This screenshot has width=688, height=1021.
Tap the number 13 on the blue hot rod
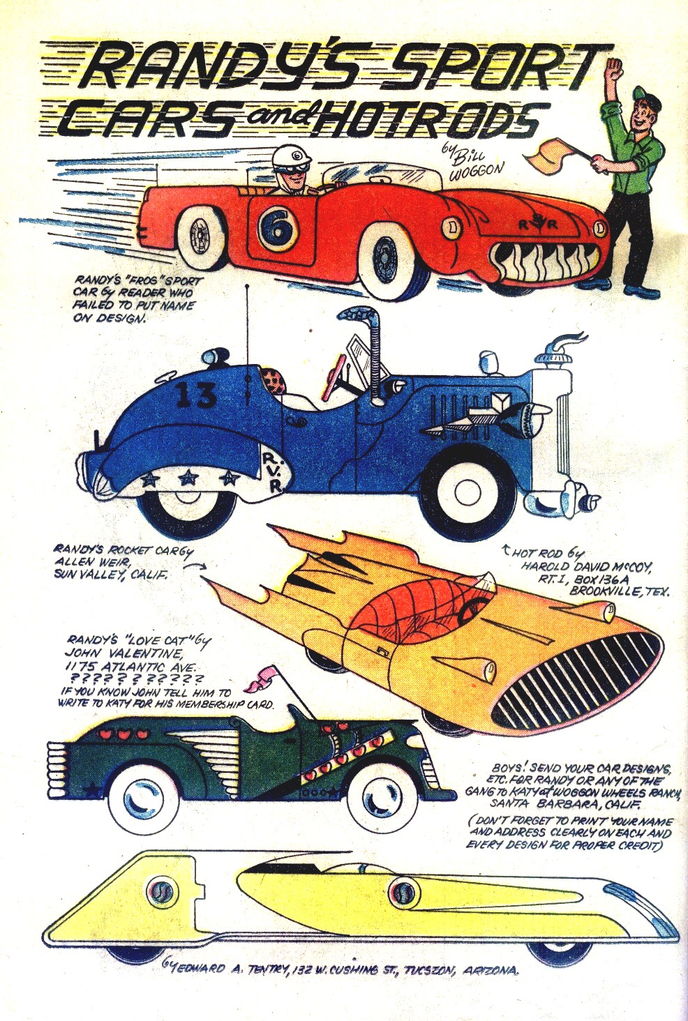pyautogui.click(x=196, y=395)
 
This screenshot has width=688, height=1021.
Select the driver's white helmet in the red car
pyautogui.click(x=292, y=158)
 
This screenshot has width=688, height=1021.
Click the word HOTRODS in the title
pyautogui.click(x=426, y=120)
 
